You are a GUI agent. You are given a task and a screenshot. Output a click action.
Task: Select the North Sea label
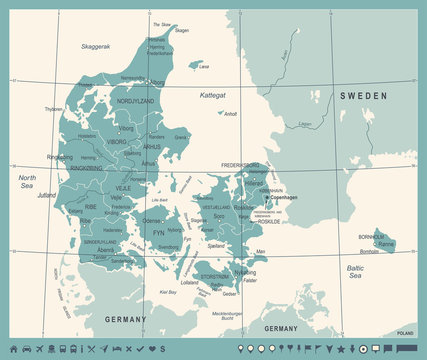pyautogui.click(x=26, y=180)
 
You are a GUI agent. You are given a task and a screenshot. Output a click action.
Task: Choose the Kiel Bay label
pyautogui.click(x=168, y=292)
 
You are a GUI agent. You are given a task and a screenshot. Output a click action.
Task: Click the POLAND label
pyautogui.click(x=405, y=331)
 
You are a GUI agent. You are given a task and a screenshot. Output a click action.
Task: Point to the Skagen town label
pyautogui.click(x=181, y=31)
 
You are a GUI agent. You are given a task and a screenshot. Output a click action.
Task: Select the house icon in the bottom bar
pyautogui.click(x=14, y=349)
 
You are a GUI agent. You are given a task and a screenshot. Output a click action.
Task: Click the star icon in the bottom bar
pyautogui.click(x=343, y=349)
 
